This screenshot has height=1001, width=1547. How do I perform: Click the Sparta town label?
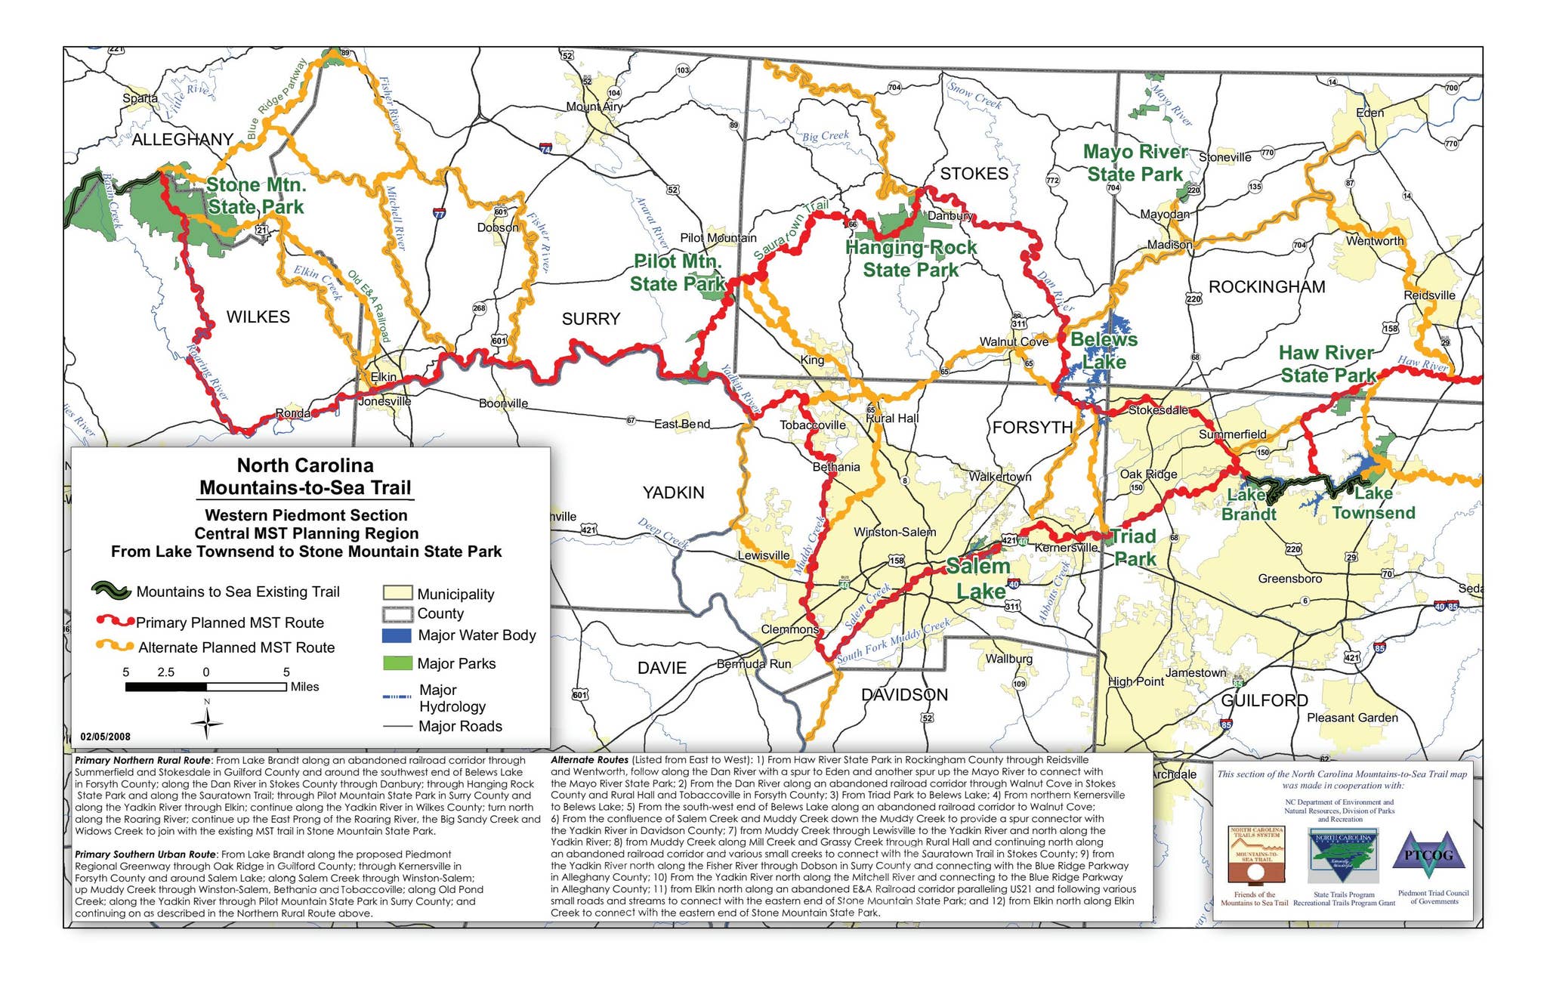(x=140, y=98)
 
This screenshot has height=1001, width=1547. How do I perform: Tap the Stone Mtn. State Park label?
(x=255, y=196)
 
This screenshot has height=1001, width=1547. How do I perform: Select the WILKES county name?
(x=258, y=317)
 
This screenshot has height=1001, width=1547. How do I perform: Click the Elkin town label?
(x=383, y=376)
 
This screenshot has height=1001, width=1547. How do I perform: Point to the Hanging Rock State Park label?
(x=910, y=258)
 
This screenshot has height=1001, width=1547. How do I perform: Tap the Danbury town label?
(x=950, y=215)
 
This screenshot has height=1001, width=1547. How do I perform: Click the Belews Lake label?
(x=1104, y=351)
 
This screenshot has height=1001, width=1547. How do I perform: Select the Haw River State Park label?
(x=1328, y=364)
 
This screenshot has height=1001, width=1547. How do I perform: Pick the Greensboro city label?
(x=1289, y=579)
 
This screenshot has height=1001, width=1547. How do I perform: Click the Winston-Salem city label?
(x=894, y=532)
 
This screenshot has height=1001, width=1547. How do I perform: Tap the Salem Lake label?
(x=979, y=579)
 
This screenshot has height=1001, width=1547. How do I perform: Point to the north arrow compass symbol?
(x=207, y=724)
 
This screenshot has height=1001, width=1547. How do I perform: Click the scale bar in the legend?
(x=205, y=687)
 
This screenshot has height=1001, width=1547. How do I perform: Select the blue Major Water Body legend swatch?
(x=397, y=635)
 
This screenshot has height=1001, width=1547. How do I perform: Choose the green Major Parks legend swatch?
(x=397, y=663)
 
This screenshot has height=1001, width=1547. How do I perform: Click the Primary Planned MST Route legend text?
(x=230, y=623)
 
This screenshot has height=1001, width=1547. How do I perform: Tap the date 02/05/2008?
(x=106, y=737)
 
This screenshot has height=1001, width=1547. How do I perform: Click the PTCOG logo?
(x=1428, y=856)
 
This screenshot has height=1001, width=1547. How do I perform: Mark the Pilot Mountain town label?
(x=718, y=238)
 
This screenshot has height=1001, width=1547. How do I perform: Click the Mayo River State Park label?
(x=1135, y=163)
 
